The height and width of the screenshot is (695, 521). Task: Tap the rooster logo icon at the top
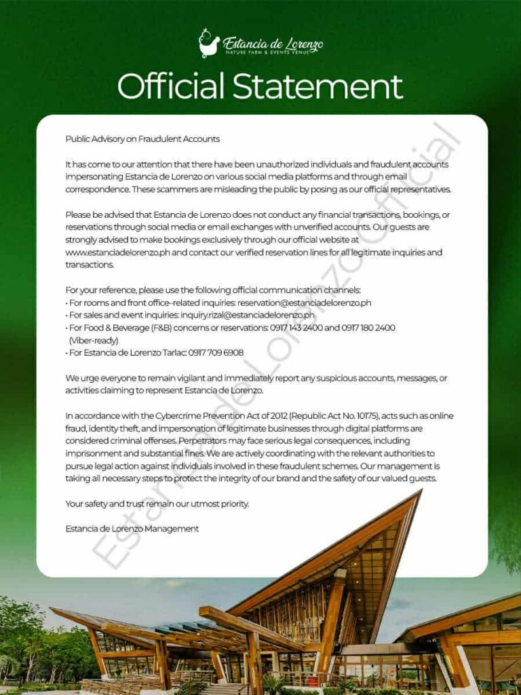[209, 43]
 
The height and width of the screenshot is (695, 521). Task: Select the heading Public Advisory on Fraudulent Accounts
[142, 139]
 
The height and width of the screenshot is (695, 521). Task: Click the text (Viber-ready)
[94, 340]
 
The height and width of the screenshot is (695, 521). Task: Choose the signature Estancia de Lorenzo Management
[132, 529]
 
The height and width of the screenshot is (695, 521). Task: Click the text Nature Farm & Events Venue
[273, 52]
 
